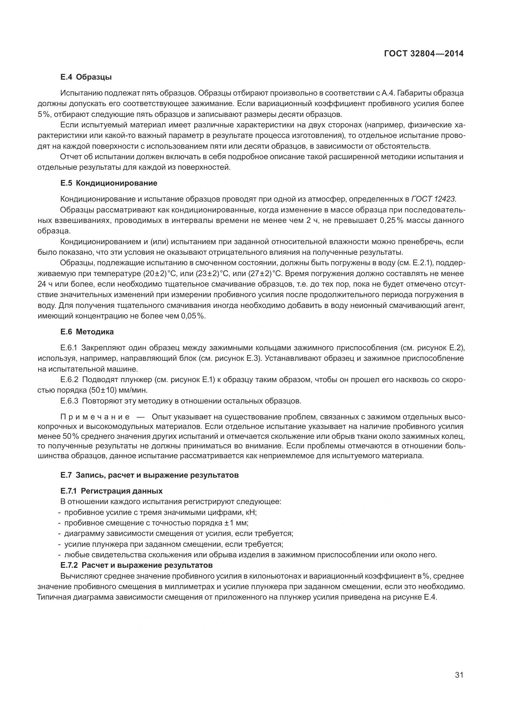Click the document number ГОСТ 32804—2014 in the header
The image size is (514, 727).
[424, 53]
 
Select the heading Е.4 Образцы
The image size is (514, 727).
[86, 77]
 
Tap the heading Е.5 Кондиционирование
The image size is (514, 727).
[109, 183]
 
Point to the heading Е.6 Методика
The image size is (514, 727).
[87, 332]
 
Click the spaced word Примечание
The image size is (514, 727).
[95, 417]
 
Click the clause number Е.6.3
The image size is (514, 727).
[69, 401]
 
